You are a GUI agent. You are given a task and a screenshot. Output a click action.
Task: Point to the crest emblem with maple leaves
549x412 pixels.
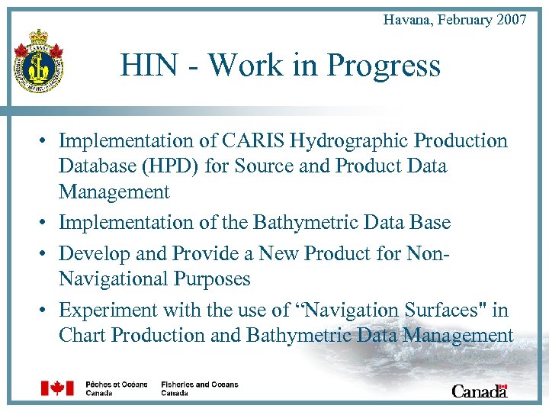(39, 61)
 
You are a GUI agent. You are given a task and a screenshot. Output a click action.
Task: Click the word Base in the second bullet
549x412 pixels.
(431, 223)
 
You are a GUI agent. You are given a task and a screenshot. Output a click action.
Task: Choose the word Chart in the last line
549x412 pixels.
(82, 336)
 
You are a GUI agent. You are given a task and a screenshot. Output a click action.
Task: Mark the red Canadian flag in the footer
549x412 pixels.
(57, 388)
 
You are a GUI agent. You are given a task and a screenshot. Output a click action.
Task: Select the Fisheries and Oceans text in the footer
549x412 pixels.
(200, 385)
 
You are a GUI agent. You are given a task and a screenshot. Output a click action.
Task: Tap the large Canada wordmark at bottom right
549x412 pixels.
(479, 391)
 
